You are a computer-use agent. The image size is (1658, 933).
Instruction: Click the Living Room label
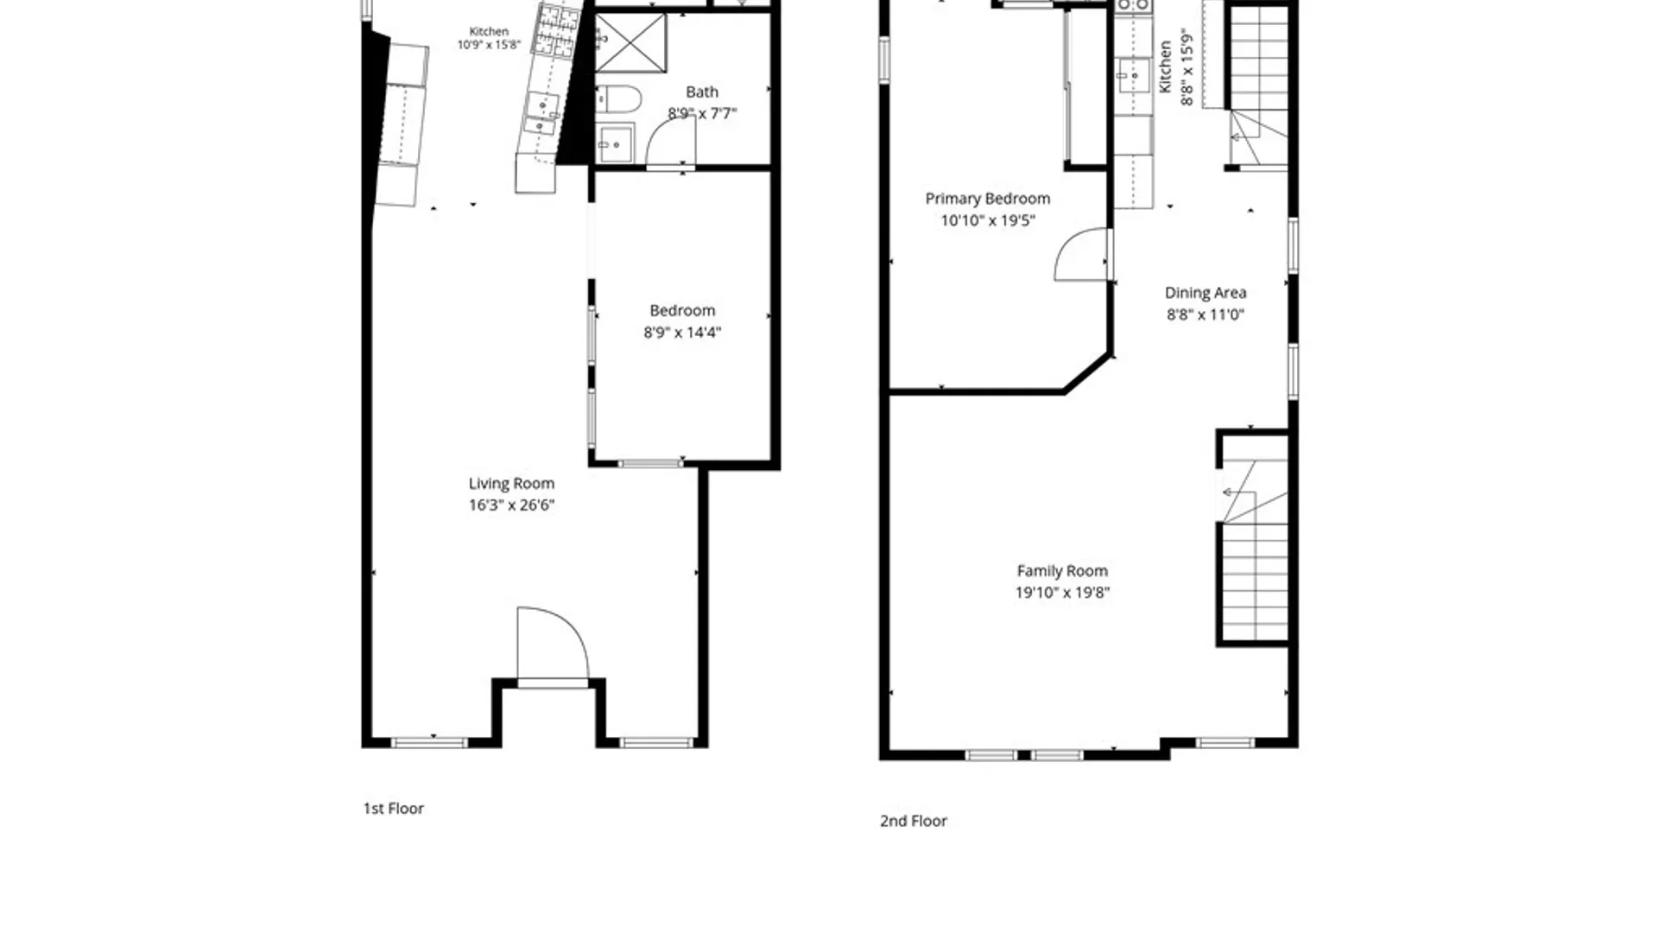511,484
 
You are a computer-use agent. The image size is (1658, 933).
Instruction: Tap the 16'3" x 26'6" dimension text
511,505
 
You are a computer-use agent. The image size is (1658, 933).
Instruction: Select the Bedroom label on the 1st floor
682,310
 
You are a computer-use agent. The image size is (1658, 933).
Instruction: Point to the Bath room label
702,92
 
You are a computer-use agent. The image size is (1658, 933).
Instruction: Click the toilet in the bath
618,99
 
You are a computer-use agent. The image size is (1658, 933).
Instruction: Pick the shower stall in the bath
630,43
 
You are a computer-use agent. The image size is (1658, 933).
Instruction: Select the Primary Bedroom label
988,199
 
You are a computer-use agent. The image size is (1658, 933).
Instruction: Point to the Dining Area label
1206,293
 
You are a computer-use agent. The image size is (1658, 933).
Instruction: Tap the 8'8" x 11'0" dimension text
1206,314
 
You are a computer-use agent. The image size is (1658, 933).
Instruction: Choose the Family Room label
1062,571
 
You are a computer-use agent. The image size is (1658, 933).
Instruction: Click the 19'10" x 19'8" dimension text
1062,593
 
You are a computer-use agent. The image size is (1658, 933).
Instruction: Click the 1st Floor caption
393,809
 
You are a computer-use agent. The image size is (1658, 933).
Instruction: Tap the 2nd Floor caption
914,821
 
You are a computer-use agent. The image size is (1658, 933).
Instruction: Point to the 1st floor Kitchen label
489,32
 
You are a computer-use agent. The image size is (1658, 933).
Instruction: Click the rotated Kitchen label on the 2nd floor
1165,67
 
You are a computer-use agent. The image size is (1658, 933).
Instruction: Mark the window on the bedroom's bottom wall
650,464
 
